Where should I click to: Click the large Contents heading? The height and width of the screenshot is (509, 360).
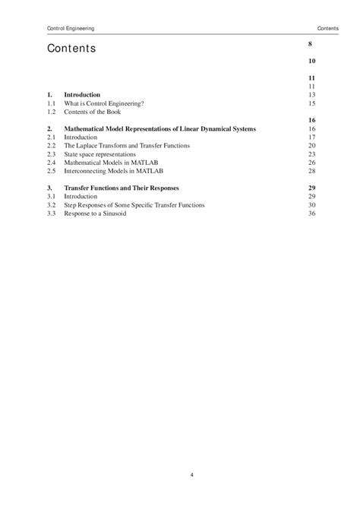(71, 49)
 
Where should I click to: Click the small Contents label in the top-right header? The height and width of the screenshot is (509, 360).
(328, 29)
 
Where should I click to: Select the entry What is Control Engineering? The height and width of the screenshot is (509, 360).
(105, 103)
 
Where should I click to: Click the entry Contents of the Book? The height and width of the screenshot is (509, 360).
(93, 112)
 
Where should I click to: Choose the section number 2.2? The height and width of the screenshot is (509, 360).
(51, 146)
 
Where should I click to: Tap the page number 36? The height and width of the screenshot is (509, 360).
(311, 213)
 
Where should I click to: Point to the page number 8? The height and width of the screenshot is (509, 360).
(311, 45)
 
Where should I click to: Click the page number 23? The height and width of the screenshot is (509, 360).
(311, 154)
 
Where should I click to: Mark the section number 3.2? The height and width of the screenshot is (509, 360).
(51, 205)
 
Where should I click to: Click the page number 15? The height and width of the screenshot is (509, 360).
(311, 103)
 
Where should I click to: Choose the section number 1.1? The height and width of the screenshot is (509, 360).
(51, 103)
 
